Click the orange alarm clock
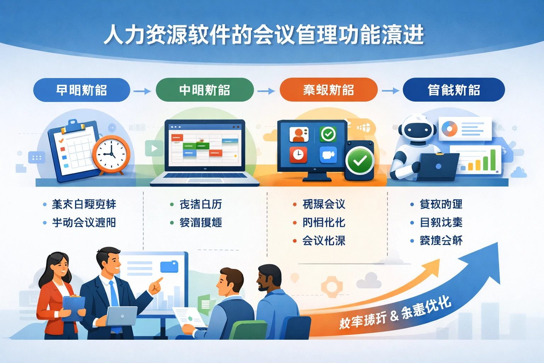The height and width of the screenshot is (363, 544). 111,155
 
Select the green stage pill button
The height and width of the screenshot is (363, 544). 205,90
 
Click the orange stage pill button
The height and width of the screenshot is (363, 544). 328,90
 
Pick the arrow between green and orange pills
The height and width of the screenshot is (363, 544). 266,91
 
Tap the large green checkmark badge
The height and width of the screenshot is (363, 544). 360,161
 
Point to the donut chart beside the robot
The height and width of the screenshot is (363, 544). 449,129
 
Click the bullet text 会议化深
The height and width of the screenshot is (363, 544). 324,241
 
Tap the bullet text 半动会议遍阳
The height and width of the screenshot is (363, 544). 84,223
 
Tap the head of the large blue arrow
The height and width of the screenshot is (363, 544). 489,259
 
